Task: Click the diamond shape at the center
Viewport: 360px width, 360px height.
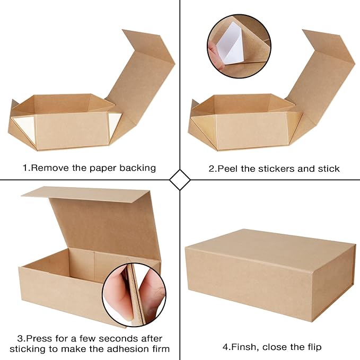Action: coord(180,180)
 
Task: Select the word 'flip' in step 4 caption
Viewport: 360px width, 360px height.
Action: coord(312,347)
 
